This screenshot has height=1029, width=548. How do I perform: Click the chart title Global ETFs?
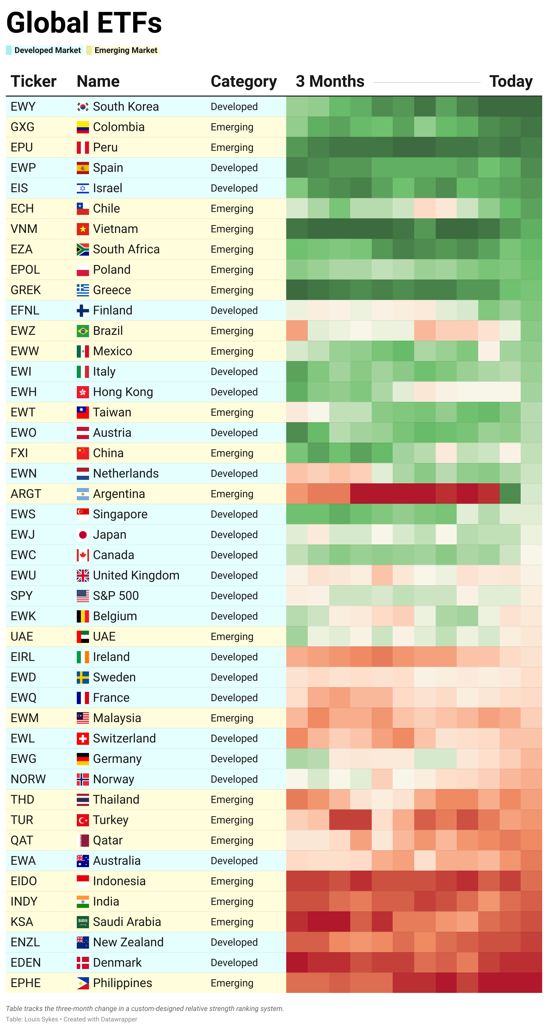click(x=84, y=23)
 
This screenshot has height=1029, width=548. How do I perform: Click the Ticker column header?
click(x=33, y=82)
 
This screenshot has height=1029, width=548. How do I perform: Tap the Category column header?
click(x=243, y=82)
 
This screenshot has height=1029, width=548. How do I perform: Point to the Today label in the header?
click(x=510, y=82)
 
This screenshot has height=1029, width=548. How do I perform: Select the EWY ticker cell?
click(x=23, y=107)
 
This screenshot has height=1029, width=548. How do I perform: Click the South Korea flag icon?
click(x=83, y=107)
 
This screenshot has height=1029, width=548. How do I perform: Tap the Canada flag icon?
click(x=83, y=555)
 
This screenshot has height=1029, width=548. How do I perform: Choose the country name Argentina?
click(x=119, y=494)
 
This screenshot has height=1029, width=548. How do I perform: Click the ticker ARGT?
click(x=26, y=494)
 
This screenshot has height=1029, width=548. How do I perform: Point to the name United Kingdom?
click(x=136, y=575)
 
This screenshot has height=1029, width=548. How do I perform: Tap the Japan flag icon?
click(x=83, y=535)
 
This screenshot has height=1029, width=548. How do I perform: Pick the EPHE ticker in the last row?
click(x=26, y=983)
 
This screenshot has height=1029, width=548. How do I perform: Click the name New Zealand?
click(x=128, y=942)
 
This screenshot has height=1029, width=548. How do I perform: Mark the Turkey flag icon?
click(x=83, y=820)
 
